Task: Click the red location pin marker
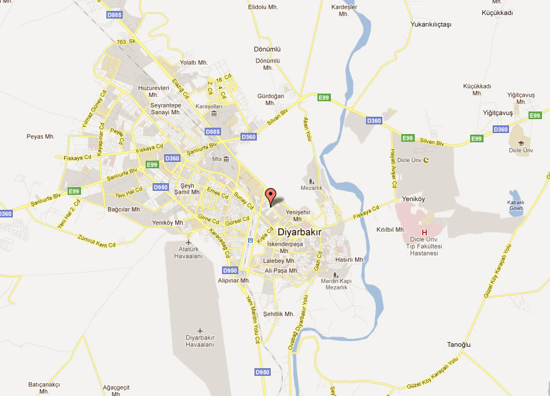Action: (x=270, y=195)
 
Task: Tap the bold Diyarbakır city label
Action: (x=300, y=232)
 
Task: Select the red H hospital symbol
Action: (x=425, y=232)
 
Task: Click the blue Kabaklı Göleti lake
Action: (x=515, y=203)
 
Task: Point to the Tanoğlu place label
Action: (x=459, y=345)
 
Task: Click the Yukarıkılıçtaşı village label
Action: (x=430, y=24)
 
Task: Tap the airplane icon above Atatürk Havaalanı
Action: (x=189, y=241)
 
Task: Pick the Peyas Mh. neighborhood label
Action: (x=40, y=137)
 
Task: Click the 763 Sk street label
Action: (x=125, y=42)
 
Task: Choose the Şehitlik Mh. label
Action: (x=279, y=314)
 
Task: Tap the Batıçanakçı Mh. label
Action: (x=45, y=387)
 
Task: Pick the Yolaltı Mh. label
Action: (x=194, y=62)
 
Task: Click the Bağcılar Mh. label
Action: (x=124, y=209)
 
